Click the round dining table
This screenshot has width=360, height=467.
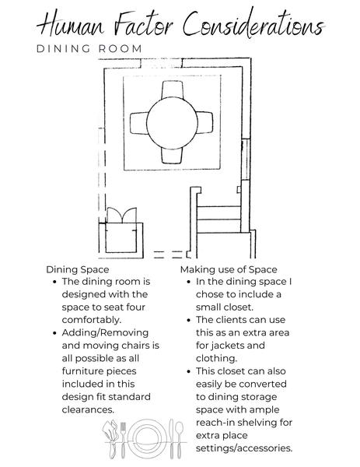point(172,123)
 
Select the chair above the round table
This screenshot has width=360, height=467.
point(172,90)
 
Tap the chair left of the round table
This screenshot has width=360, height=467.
point(139,123)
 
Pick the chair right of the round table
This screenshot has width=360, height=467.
point(204,122)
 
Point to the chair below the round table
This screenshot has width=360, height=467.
point(172,155)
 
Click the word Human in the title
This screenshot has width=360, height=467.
point(71,24)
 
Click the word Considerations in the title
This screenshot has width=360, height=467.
point(253,24)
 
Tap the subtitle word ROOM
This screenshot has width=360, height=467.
point(121,48)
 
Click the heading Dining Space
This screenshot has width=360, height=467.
point(77,269)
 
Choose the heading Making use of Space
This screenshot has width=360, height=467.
point(229,269)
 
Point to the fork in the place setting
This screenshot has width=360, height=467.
point(123,440)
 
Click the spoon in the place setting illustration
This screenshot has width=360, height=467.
point(179,440)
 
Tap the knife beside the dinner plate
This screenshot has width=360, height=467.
point(171,439)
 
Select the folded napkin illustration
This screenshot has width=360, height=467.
point(110,439)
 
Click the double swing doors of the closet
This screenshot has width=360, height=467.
point(122,215)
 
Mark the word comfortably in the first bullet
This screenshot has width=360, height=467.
point(92,320)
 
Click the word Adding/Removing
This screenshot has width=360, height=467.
point(105,333)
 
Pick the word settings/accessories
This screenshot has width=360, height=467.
point(244,448)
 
